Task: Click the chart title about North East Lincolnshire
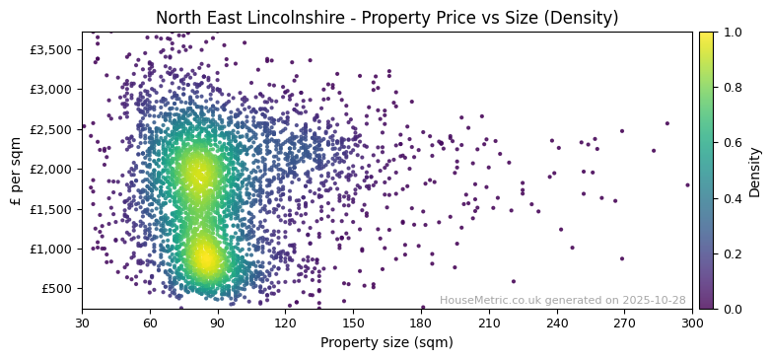pos(386,18)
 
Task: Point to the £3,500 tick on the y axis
pos(50,49)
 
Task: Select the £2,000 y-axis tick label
pos(50,169)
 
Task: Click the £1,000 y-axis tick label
pos(50,249)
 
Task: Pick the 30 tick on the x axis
pos(82,324)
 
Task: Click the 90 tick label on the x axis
pos(217,324)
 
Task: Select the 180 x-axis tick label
pos(421,324)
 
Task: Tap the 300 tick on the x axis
pos(692,324)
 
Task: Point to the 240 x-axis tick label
pos(557,324)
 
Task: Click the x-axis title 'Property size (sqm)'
pos(386,343)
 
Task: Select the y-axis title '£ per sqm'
pos(16,170)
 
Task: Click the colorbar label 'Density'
pos(755,171)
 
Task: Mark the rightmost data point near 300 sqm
pos(688,184)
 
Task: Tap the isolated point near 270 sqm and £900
pos(621,258)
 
